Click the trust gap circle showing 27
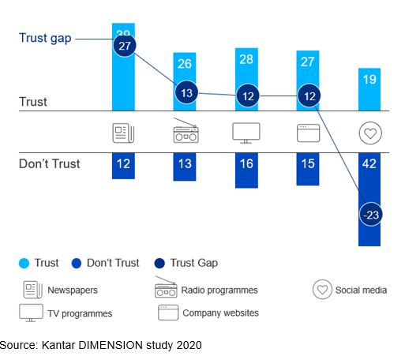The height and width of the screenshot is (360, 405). (x=124, y=47)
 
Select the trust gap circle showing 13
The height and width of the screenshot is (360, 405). (x=186, y=92)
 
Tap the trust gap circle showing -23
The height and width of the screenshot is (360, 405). (x=370, y=214)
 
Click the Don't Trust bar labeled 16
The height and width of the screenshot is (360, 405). (x=246, y=170)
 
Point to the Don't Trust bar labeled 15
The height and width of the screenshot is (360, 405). (x=308, y=169)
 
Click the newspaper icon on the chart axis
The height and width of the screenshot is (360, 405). (x=124, y=133)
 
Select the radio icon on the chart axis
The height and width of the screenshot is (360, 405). (x=186, y=133)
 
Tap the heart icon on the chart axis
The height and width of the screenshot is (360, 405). (x=370, y=133)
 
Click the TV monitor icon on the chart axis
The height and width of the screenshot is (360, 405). (x=246, y=133)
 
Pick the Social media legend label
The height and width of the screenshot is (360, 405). (x=360, y=290)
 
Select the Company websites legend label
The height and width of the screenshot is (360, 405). (x=220, y=313)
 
